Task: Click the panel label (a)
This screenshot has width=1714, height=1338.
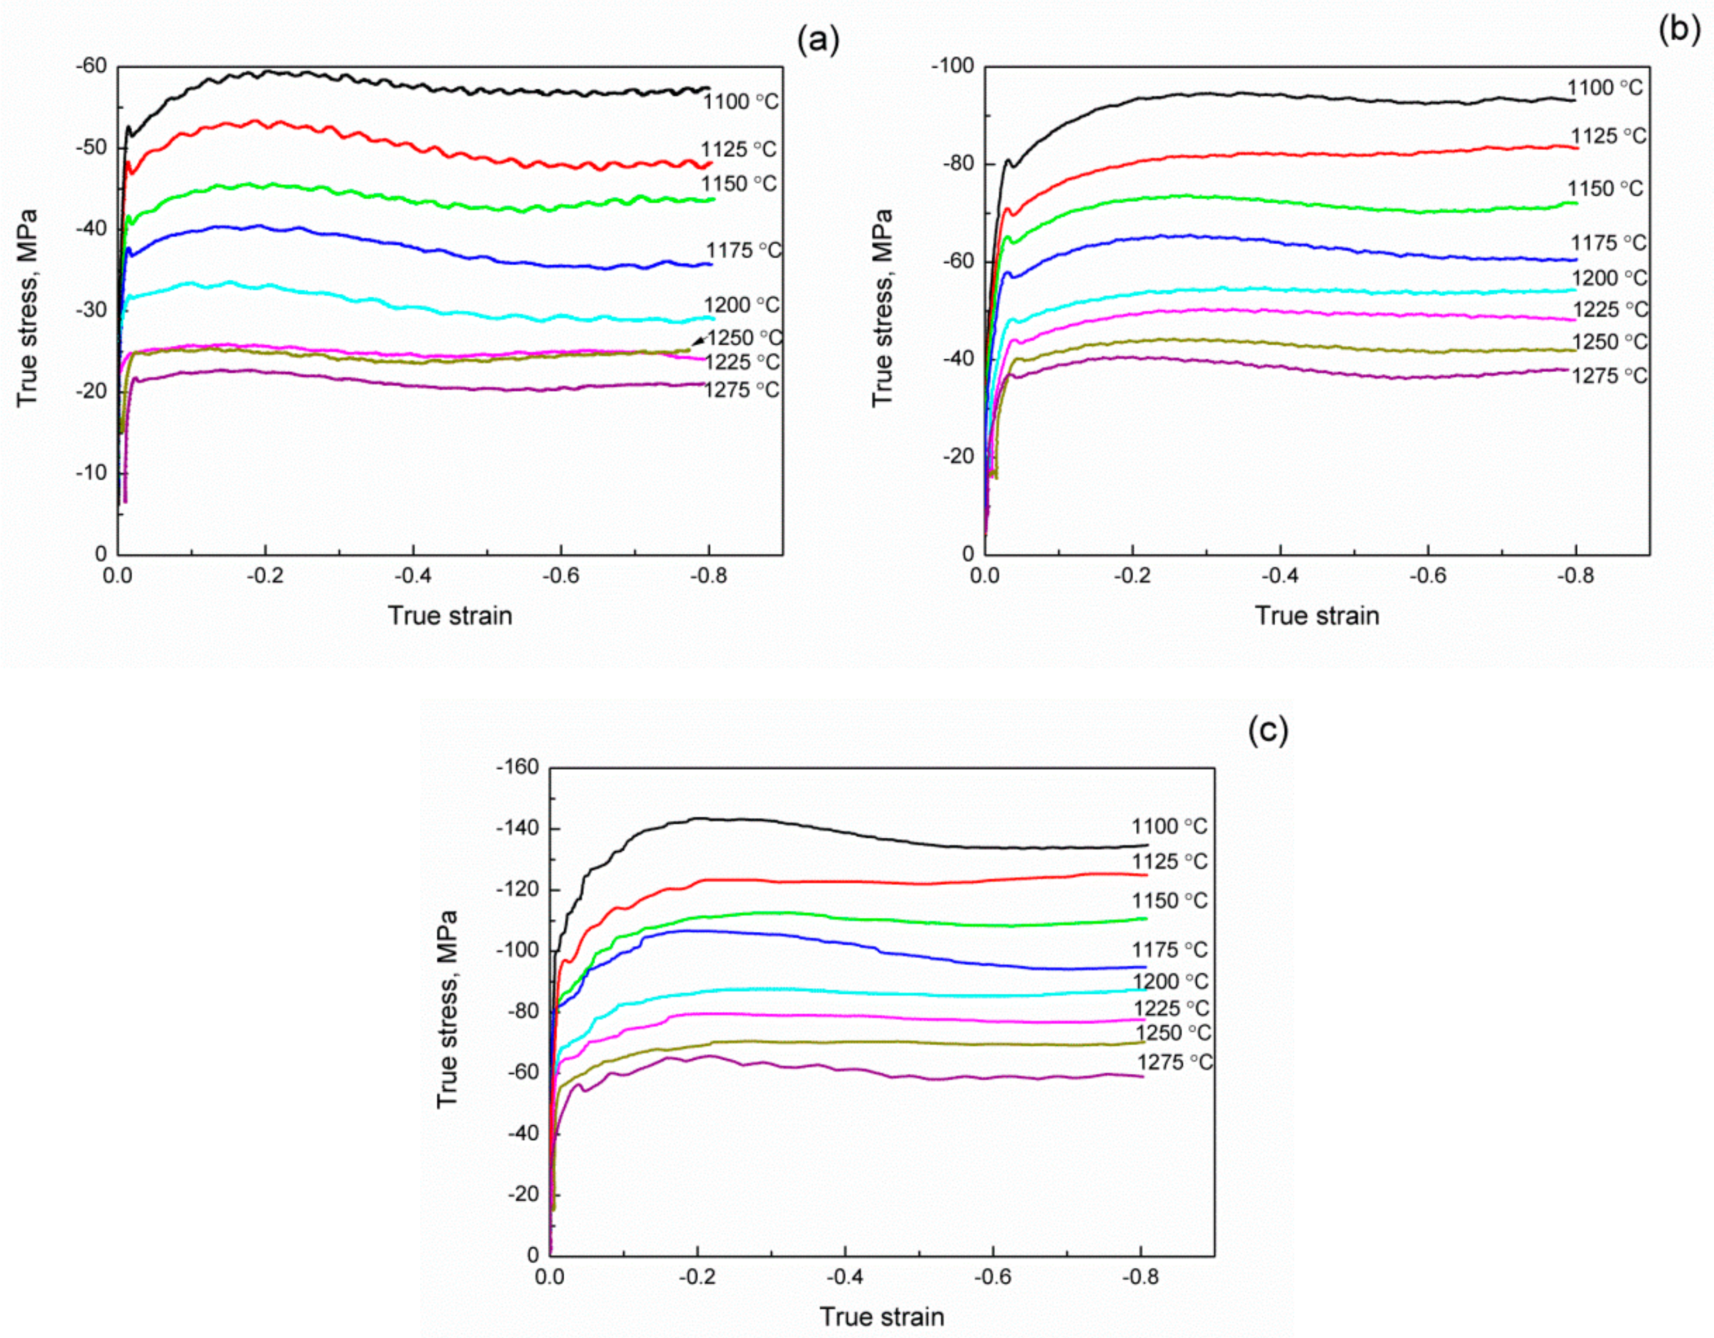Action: click(x=818, y=39)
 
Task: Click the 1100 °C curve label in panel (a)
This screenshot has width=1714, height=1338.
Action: click(x=740, y=102)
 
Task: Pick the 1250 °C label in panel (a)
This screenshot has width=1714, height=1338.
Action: click(x=744, y=338)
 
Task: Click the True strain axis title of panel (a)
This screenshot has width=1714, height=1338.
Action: click(x=450, y=615)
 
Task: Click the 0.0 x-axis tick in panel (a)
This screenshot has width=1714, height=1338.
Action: click(x=118, y=577)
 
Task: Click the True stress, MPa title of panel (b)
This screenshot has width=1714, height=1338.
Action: click(x=882, y=308)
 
